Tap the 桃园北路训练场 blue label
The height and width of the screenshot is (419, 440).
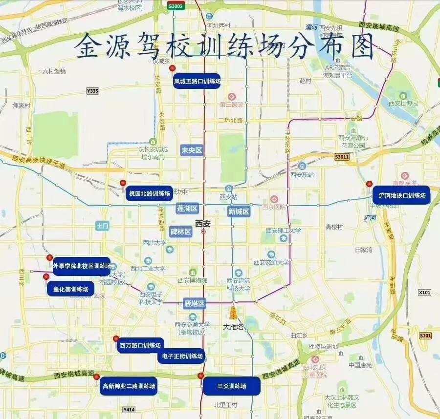point(149,193)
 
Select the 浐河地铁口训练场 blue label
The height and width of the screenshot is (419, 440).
point(401,195)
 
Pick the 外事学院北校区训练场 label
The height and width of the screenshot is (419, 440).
point(82,266)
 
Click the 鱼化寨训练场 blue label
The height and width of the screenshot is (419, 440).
point(71,289)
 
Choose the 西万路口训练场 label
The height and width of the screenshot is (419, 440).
point(140,346)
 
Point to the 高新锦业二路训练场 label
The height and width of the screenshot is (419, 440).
point(129,386)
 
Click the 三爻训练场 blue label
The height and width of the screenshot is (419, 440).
point(232,386)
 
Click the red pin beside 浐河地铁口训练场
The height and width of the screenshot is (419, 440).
point(369,184)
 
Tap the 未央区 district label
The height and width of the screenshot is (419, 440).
point(192,150)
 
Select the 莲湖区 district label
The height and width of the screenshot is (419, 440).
point(187,209)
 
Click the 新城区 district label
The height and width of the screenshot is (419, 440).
point(239,211)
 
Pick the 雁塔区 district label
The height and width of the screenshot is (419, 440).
point(195,304)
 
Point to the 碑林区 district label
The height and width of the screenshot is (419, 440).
point(180,232)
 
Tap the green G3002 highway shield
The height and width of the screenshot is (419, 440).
point(176,6)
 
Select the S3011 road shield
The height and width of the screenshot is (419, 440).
point(342,157)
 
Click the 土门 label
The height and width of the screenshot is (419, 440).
point(103,226)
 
